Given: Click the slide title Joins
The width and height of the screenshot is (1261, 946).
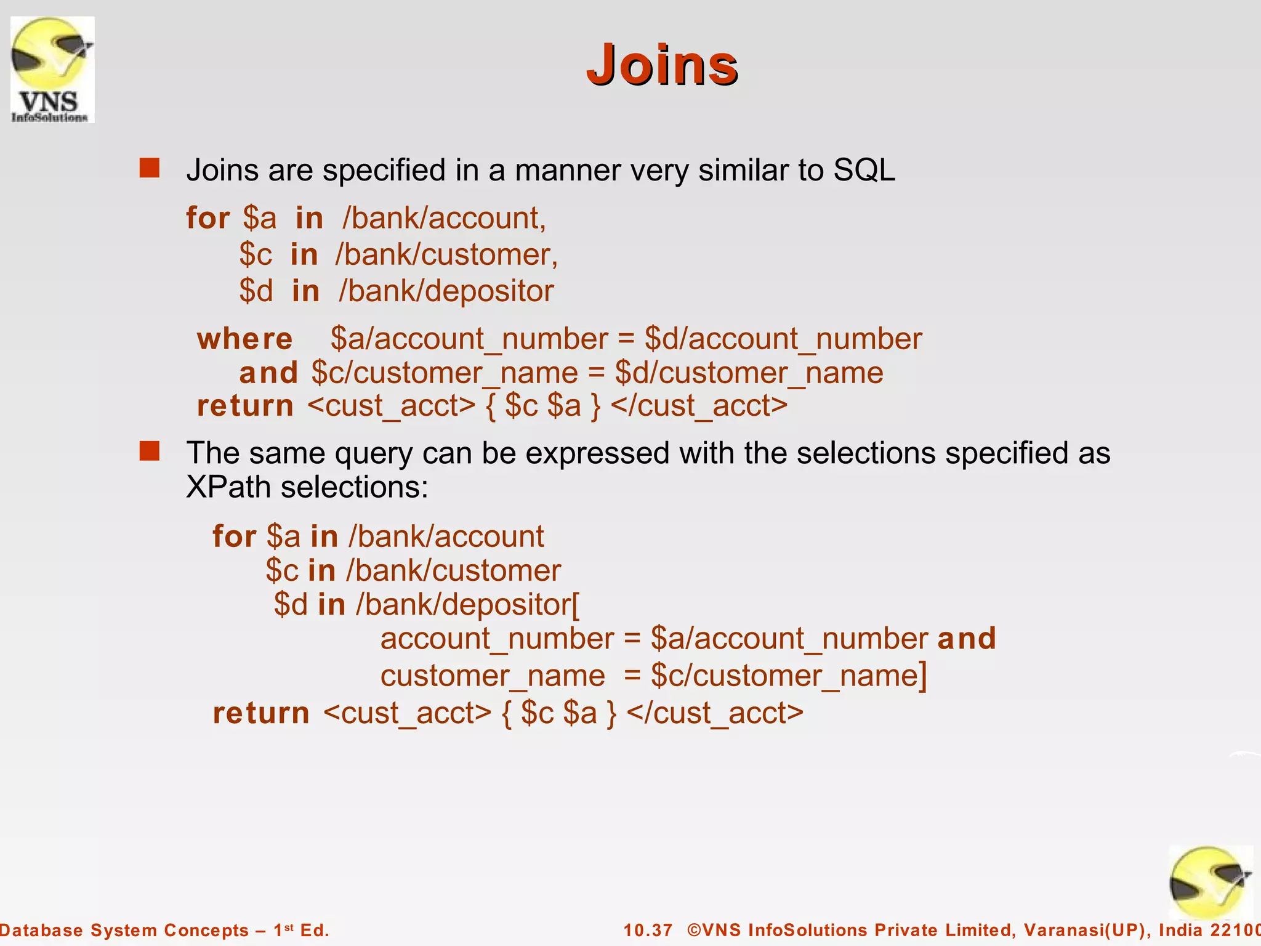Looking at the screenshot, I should [x=662, y=65].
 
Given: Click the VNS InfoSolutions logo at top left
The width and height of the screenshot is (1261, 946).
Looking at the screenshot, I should [x=52, y=70].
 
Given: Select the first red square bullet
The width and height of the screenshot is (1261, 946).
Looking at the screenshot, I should [x=150, y=168].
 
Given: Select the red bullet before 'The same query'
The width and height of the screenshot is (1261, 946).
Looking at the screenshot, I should [x=150, y=451].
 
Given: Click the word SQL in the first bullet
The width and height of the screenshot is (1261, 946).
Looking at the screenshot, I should [x=864, y=170].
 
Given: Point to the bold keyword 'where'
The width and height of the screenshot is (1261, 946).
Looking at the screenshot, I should [x=244, y=339].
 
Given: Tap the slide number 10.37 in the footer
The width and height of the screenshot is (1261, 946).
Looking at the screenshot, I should [x=648, y=930].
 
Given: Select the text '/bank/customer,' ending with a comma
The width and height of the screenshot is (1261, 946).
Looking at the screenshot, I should [x=446, y=254].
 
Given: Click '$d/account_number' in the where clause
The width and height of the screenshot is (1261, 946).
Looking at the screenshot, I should [x=783, y=339].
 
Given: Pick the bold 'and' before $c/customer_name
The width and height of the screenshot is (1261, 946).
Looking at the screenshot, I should [x=268, y=373].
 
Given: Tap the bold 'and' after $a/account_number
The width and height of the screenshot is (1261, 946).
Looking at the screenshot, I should [x=967, y=638].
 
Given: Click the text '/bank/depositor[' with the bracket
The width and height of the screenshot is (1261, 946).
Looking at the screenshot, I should [x=468, y=604].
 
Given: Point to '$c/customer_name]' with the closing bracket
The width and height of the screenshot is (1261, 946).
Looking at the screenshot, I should [x=789, y=676].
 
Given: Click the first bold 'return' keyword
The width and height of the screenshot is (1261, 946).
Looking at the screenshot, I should [x=245, y=406].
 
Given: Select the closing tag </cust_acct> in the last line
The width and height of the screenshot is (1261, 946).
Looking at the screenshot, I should [x=715, y=713].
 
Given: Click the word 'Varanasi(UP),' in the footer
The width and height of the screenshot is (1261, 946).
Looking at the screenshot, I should [x=1087, y=930].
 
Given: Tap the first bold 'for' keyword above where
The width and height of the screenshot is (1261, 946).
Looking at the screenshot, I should [x=208, y=218].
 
